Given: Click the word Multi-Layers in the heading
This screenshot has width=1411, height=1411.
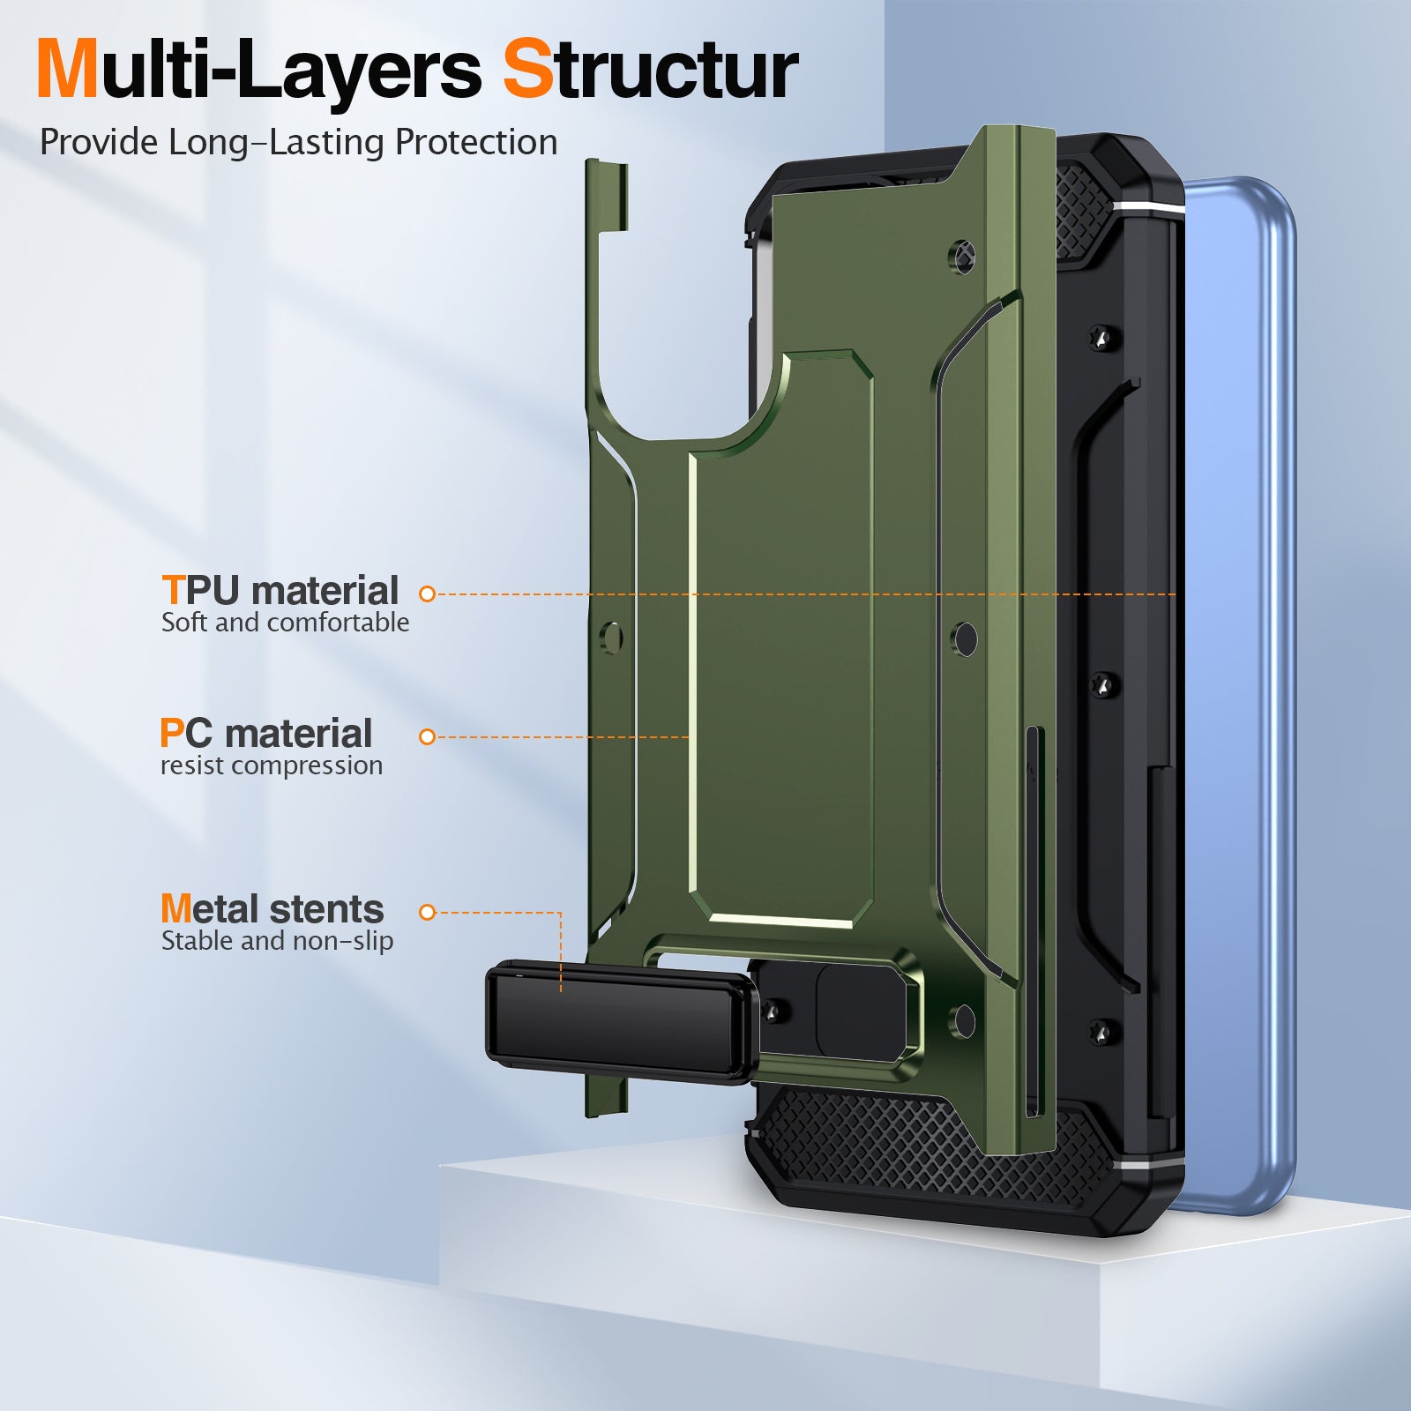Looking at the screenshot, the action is pos(258,71).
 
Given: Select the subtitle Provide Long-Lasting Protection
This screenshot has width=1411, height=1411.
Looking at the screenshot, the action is pos(298,143).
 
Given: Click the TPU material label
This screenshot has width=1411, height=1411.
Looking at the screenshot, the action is pos(280,590).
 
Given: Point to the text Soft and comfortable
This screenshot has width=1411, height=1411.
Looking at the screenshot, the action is pos(285,623).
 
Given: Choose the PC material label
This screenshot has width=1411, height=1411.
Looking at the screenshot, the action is pos(265,733).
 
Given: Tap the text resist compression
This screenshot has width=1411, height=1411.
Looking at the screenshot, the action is pos(272,765).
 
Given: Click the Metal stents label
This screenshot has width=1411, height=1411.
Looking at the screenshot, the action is pos(272,908).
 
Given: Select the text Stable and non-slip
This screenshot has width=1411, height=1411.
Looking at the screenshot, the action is pos(277,941).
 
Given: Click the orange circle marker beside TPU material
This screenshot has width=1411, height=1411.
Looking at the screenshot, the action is pos(428,594).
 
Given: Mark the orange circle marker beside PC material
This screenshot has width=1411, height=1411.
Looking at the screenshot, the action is pos(428,737).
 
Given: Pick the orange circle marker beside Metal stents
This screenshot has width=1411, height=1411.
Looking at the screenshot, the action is pos(428,913).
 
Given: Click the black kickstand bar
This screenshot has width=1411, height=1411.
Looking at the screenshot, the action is pos(622,1023).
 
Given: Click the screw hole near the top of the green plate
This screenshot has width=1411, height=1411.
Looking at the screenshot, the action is pos(964,256).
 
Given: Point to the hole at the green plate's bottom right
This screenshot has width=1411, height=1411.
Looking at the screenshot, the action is pos(965,1020).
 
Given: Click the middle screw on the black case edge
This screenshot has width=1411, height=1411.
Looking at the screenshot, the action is pos(1103,683).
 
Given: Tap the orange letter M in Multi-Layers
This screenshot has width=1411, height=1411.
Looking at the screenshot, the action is pos(68,70).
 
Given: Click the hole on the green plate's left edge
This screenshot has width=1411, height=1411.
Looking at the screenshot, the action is pos(611,637).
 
